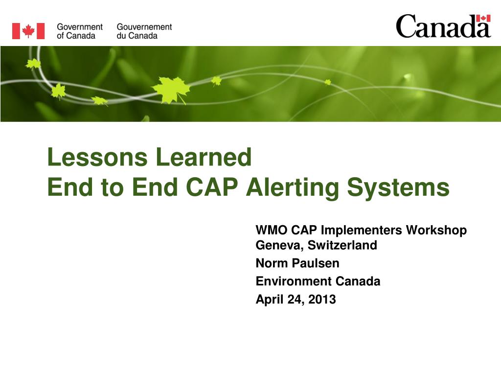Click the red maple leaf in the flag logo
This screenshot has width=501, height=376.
[28, 31]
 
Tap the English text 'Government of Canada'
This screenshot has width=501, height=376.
[80, 31]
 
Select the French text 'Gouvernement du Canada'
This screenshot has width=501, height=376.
[144, 31]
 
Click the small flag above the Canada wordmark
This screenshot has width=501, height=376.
[483, 18]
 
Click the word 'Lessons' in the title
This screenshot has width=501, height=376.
[97, 157]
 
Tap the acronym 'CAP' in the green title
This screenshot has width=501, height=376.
[212, 187]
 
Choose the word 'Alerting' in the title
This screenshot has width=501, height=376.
[293, 188]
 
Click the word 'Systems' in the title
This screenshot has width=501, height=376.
[398, 188]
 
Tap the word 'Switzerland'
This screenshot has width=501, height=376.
[342, 245]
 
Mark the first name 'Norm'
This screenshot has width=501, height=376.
[272, 263]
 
